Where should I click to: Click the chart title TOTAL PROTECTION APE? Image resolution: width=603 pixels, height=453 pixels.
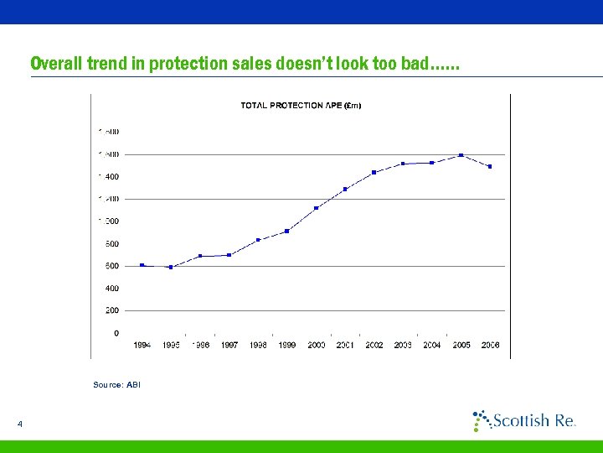point(301,106)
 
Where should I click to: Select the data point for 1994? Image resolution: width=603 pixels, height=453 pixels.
point(142,265)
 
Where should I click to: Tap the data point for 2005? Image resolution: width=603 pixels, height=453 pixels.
point(461,155)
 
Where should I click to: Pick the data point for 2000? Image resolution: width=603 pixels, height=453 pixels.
point(316,208)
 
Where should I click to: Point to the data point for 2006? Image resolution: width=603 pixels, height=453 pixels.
point(490,167)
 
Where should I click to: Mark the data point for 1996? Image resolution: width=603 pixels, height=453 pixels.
point(200,256)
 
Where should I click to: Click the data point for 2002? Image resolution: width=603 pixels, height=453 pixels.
point(374,173)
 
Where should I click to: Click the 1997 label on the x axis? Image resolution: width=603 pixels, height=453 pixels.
point(229,345)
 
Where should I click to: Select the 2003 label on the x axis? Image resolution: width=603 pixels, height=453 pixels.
point(403,345)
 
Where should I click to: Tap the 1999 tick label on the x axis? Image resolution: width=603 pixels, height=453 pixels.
point(287,345)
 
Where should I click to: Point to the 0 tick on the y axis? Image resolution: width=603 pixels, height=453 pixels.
point(116,333)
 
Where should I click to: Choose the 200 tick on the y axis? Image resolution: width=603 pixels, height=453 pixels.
point(111,310)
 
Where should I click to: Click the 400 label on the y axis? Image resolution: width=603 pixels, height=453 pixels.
point(111,288)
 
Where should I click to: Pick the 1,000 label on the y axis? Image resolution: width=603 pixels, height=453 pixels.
point(109,221)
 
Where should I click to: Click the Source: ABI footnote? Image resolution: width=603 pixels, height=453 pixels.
point(117,384)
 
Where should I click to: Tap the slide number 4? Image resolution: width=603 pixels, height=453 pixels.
point(19,425)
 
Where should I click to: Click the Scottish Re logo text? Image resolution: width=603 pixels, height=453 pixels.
point(533,420)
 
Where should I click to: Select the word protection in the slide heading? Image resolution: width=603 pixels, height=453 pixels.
point(188,64)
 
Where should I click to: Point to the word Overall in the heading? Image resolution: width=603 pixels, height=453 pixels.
point(57,64)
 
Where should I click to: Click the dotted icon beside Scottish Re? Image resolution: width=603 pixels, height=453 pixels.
point(481,419)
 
